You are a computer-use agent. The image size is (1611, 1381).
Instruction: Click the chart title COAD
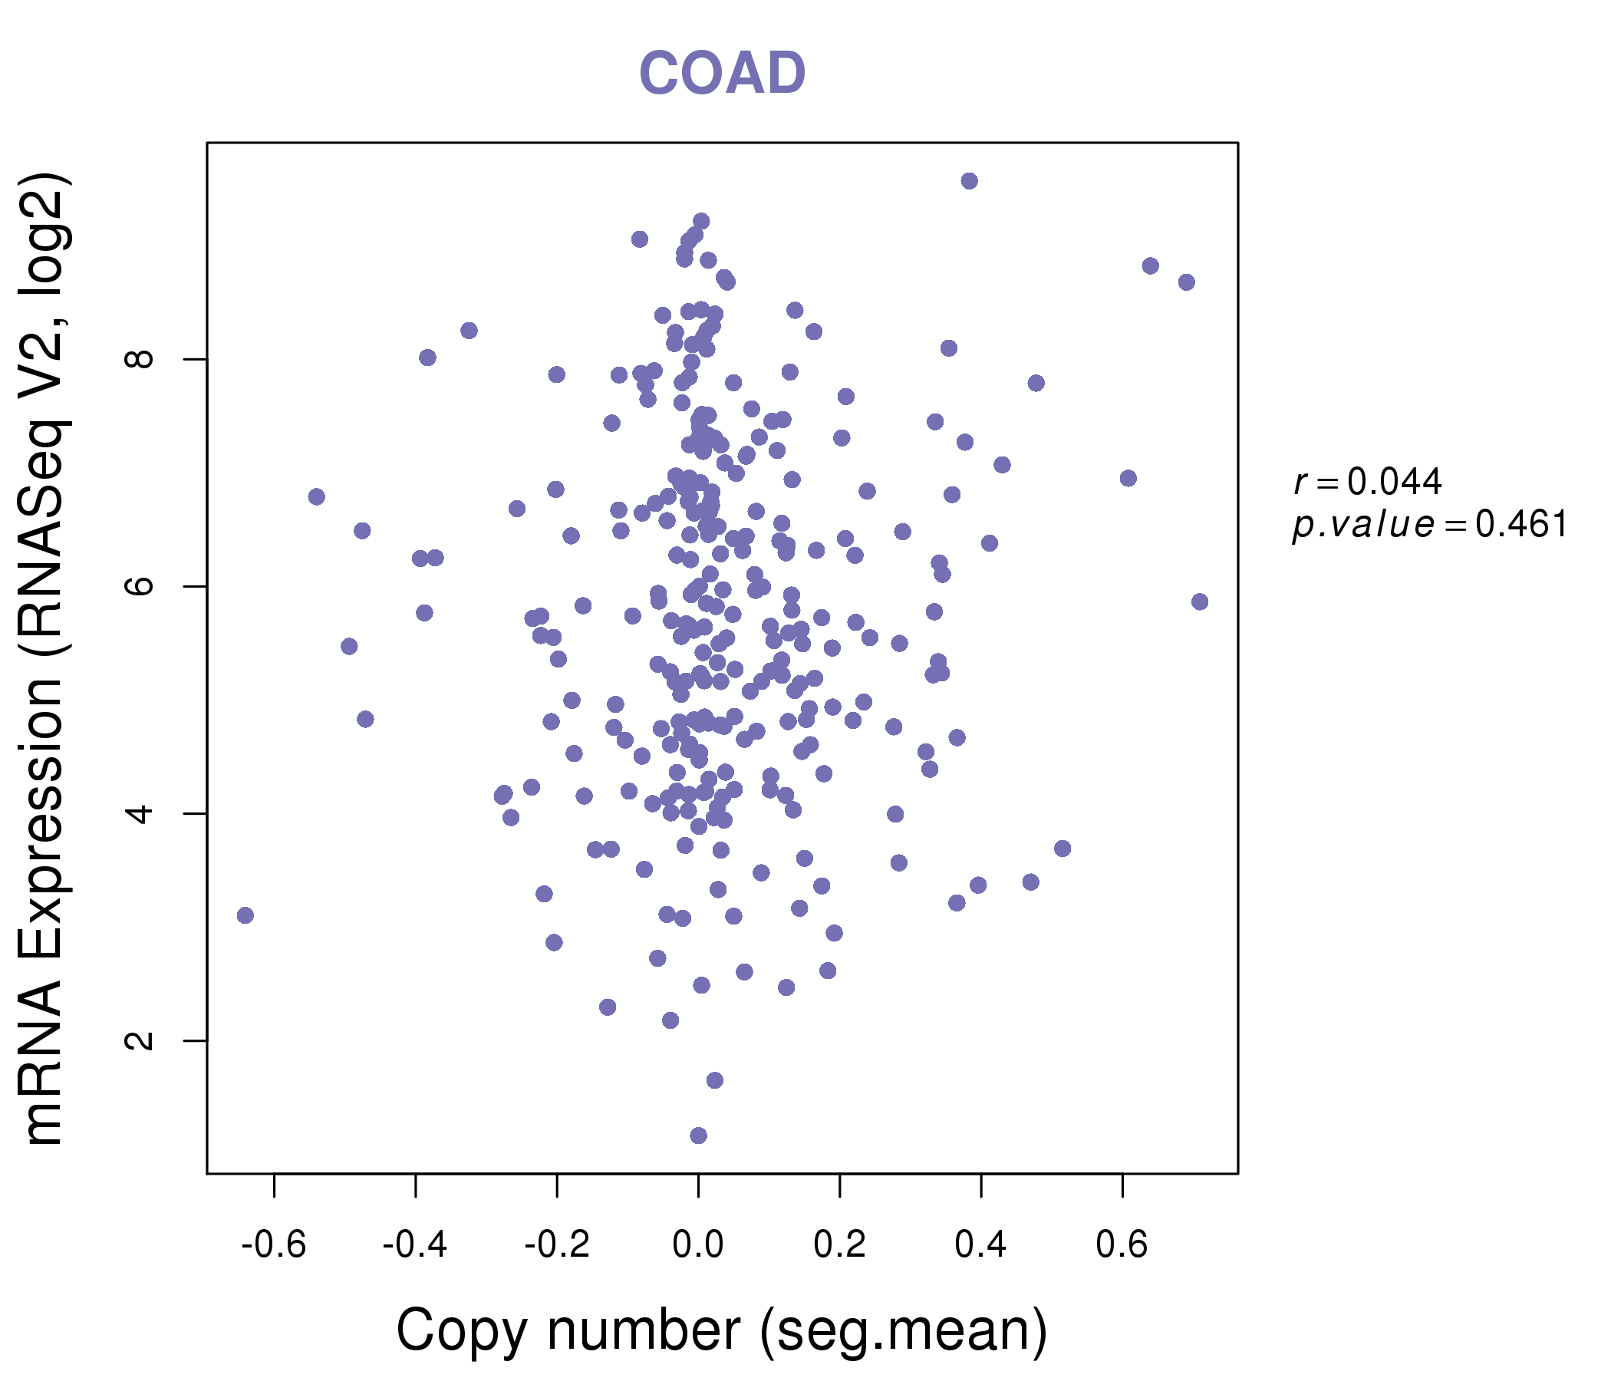pyautogui.click(x=722, y=73)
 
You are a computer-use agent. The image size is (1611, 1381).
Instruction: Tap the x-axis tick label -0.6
pyautogui.click(x=274, y=1245)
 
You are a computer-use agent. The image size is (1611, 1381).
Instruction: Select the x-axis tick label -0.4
pyautogui.click(x=415, y=1245)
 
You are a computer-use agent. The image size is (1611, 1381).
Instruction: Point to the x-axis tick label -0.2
pyautogui.click(x=557, y=1245)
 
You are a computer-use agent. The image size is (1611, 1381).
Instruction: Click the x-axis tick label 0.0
pyautogui.click(x=698, y=1245)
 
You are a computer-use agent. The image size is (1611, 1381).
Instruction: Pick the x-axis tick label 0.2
pyautogui.click(x=840, y=1245)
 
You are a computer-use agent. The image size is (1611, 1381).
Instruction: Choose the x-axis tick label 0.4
pyautogui.click(x=980, y=1245)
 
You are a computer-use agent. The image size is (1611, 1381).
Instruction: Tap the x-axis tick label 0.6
pyautogui.click(x=1122, y=1245)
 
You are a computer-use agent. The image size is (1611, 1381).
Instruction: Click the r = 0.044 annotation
pyautogui.click(x=1368, y=482)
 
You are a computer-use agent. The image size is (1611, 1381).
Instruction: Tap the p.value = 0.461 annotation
pyautogui.click(x=1430, y=525)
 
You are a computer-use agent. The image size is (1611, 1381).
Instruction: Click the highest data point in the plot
pyautogui.click(x=969, y=181)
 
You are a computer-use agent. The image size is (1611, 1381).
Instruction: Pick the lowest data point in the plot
pyautogui.click(x=698, y=1135)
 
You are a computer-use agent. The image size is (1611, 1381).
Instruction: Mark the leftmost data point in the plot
pyautogui.click(x=245, y=915)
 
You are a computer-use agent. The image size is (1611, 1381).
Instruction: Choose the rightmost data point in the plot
pyautogui.click(x=1200, y=602)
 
